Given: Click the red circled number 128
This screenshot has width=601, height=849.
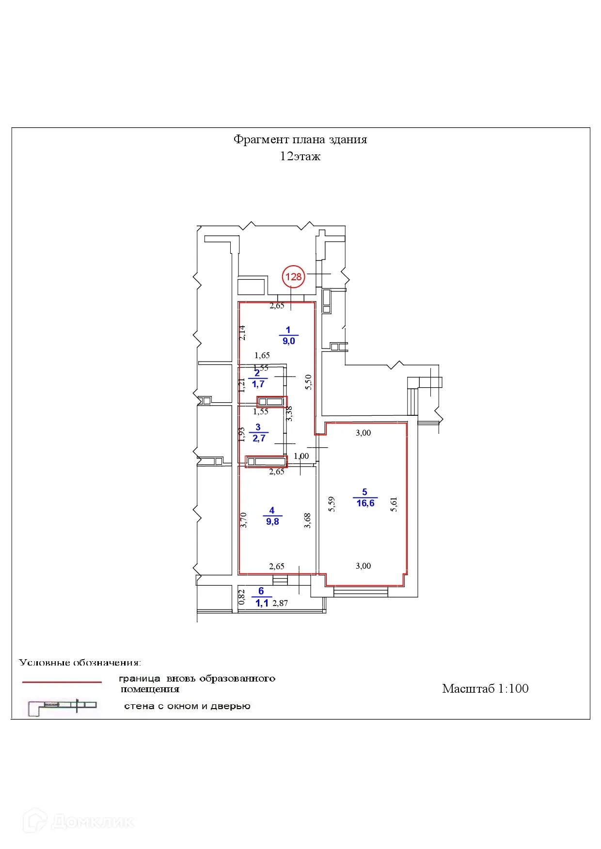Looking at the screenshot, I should pyautogui.click(x=293, y=277).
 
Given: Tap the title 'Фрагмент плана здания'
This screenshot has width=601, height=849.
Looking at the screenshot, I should pyautogui.click(x=300, y=140).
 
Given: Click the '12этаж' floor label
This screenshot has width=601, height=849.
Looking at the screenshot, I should pyautogui.click(x=300, y=156).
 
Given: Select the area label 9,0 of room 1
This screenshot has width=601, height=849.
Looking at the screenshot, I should pyautogui.click(x=289, y=341).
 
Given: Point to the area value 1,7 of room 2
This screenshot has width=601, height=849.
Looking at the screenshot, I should pyautogui.click(x=258, y=384).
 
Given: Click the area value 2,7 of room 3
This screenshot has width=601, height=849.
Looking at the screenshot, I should pyautogui.click(x=259, y=438).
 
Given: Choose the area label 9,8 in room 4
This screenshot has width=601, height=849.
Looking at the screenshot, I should pyautogui.click(x=272, y=521).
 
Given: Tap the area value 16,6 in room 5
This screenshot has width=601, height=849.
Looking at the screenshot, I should pyautogui.click(x=365, y=503).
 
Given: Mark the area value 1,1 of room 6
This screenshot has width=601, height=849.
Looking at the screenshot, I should pyautogui.click(x=262, y=603).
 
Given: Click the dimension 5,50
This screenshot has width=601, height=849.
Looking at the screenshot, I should pyautogui.click(x=308, y=382).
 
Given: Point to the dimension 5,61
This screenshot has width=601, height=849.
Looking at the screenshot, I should pyautogui.click(x=394, y=504).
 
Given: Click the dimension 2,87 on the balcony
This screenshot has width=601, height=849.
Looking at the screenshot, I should pyautogui.click(x=280, y=603).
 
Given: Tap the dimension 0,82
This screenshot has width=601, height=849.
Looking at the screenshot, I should pyautogui.click(x=242, y=596).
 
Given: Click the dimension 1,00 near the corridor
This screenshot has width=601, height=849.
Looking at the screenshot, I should pyautogui.click(x=301, y=456).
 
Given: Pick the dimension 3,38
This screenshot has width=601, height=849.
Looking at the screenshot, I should pyautogui.click(x=289, y=413).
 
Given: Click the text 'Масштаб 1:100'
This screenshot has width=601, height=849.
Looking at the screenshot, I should pyautogui.click(x=485, y=689).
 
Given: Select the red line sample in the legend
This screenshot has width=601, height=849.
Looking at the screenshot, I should pyautogui.click(x=62, y=682).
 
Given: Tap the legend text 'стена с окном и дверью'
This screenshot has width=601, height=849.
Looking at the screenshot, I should pyautogui.click(x=187, y=706).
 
